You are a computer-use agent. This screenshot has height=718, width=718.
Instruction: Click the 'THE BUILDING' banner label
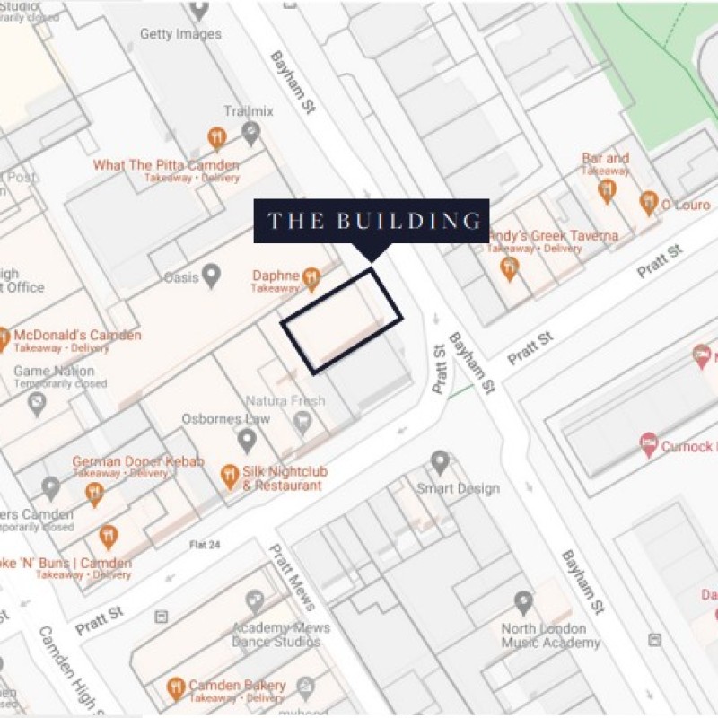click(372, 221)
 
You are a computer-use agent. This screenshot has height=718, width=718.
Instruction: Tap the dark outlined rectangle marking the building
click(342, 320)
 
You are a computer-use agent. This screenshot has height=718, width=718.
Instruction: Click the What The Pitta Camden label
click(166, 166)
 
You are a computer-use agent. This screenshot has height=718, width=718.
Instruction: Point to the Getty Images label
click(180, 34)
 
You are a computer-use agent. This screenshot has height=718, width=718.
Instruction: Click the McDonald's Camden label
click(77, 336)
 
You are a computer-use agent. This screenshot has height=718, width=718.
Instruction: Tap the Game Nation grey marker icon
click(36, 404)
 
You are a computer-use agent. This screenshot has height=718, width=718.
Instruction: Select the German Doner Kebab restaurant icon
click(94, 493)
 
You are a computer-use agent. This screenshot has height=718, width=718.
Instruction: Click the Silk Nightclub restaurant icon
click(230, 476)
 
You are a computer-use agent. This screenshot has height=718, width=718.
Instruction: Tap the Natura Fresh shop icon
click(302, 422)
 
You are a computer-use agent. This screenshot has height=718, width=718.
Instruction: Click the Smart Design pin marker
click(440, 462)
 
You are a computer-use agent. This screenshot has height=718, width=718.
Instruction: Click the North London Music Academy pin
click(523, 602)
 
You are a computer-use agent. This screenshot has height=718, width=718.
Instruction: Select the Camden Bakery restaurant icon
click(176, 688)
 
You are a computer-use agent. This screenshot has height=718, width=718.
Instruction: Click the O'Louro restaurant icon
click(649, 203)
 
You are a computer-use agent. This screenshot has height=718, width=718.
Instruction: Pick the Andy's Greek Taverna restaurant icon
click(510, 267)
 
